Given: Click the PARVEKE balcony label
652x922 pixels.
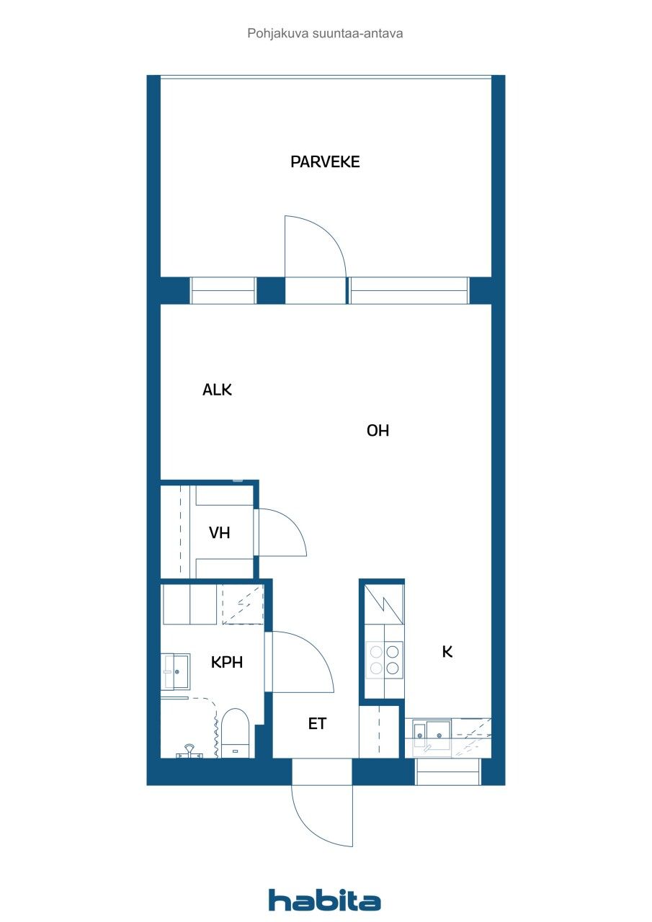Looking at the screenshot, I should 325,162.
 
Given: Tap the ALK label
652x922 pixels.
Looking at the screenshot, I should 217,390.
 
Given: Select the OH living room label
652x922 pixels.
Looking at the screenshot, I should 378,431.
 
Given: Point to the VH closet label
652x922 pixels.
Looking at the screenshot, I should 219,533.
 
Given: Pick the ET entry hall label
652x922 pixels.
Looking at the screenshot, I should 317,724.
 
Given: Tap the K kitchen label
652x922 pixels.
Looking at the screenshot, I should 447,652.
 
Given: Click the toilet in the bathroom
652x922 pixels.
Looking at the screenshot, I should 234,731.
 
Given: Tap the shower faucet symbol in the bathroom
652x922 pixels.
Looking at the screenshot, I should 189,751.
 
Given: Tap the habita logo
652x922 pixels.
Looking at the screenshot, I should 324,900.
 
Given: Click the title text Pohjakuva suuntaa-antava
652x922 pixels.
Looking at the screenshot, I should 325,33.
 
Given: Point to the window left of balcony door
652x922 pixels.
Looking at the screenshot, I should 223,290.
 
